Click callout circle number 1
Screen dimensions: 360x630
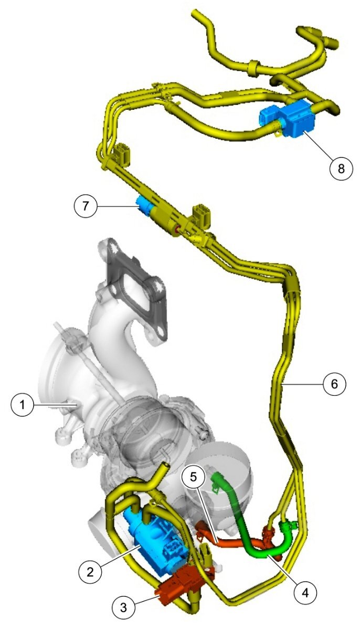(23, 405)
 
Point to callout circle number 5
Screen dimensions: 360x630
(193, 477)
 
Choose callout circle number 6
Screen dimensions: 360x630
(334, 384)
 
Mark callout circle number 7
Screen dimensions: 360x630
(86, 206)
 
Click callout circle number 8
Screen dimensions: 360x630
(341, 169)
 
